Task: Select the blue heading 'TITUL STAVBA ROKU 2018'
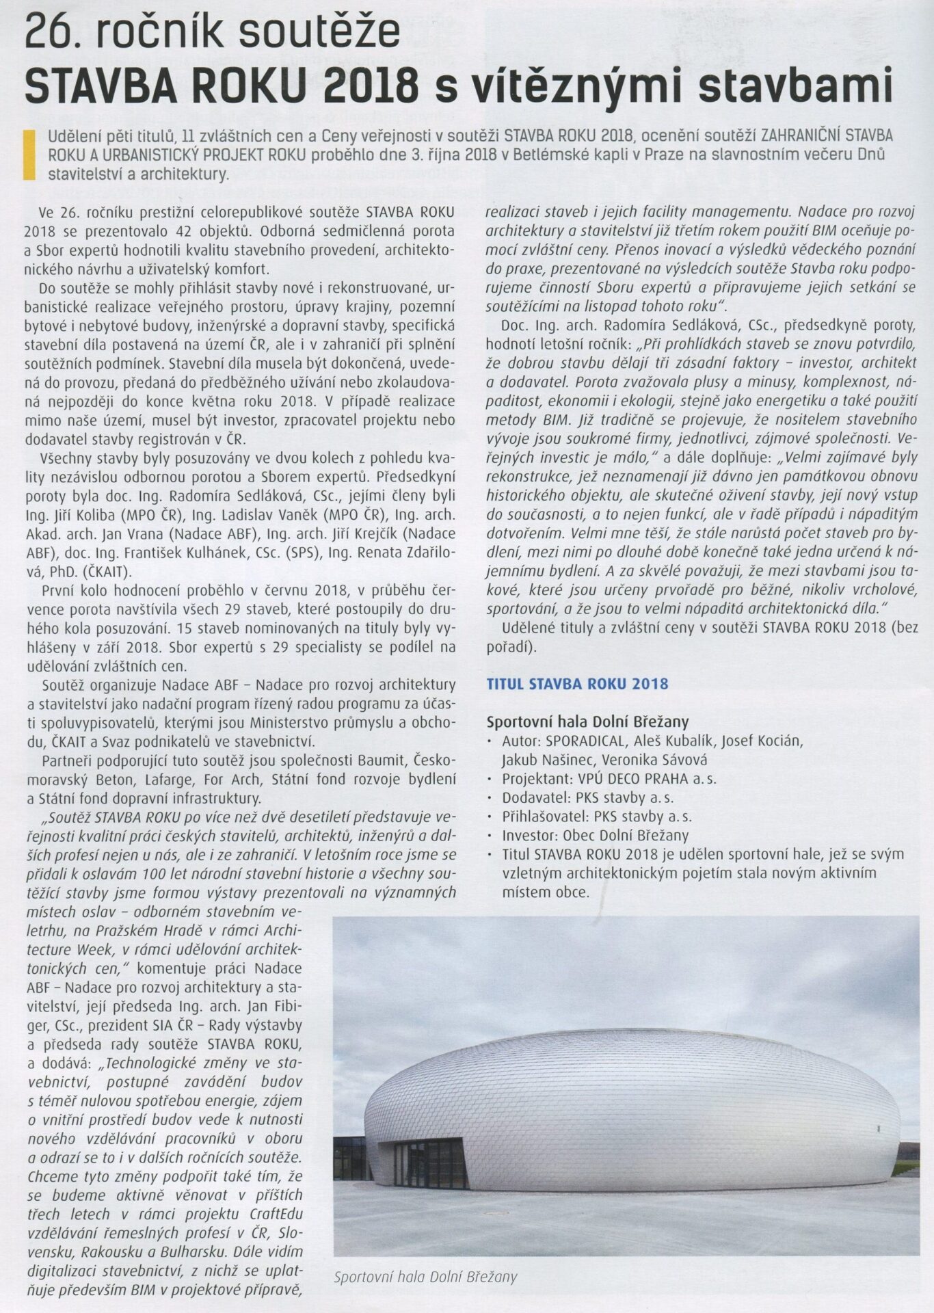(x=577, y=683)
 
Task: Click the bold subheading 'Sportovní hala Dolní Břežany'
(x=587, y=721)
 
